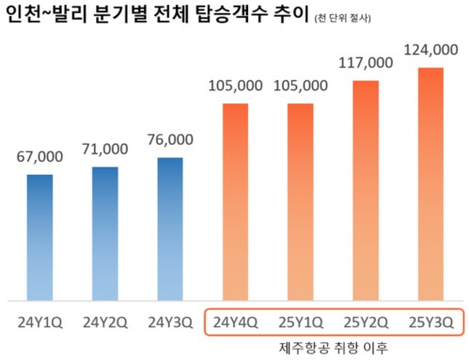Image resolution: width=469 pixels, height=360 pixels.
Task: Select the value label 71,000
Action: click(x=104, y=149)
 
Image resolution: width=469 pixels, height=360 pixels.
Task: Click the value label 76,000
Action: click(x=170, y=140)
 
